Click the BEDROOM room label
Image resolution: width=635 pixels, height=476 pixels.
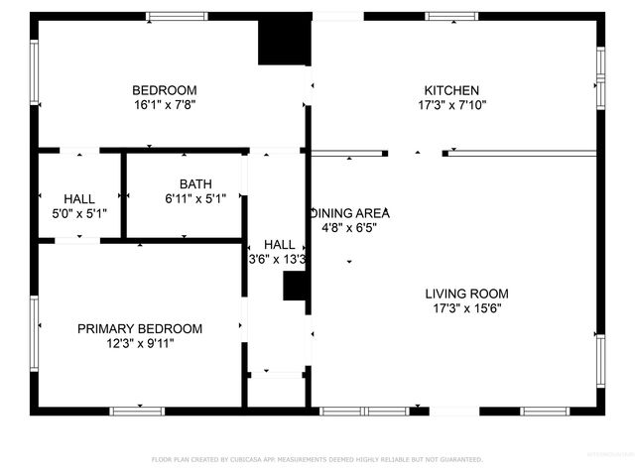[166, 90]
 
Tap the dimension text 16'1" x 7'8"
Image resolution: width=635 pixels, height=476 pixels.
[166, 104]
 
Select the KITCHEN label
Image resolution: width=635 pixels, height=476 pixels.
[451, 90]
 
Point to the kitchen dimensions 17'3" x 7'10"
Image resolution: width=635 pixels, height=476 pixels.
[451, 104]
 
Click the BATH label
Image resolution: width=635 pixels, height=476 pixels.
[195, 183]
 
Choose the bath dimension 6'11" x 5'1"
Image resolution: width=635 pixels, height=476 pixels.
[195, 198]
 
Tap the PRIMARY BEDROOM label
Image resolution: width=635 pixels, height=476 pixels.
[140, 329]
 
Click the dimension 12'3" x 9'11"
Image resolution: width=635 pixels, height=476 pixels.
[140, 344]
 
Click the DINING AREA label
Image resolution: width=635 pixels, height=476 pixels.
[351, 213]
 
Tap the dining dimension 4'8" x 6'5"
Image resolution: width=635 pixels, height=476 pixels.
[349, 227]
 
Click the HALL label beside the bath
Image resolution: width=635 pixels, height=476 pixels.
[79, 198]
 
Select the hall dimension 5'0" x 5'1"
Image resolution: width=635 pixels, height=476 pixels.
[79, 212]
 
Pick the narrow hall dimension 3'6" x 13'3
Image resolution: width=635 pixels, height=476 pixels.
[278, 259]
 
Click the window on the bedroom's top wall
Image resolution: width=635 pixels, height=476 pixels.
[178, 16]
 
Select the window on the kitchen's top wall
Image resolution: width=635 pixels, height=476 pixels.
[451, 16]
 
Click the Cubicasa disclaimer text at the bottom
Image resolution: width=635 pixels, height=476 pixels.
[317, 459]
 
